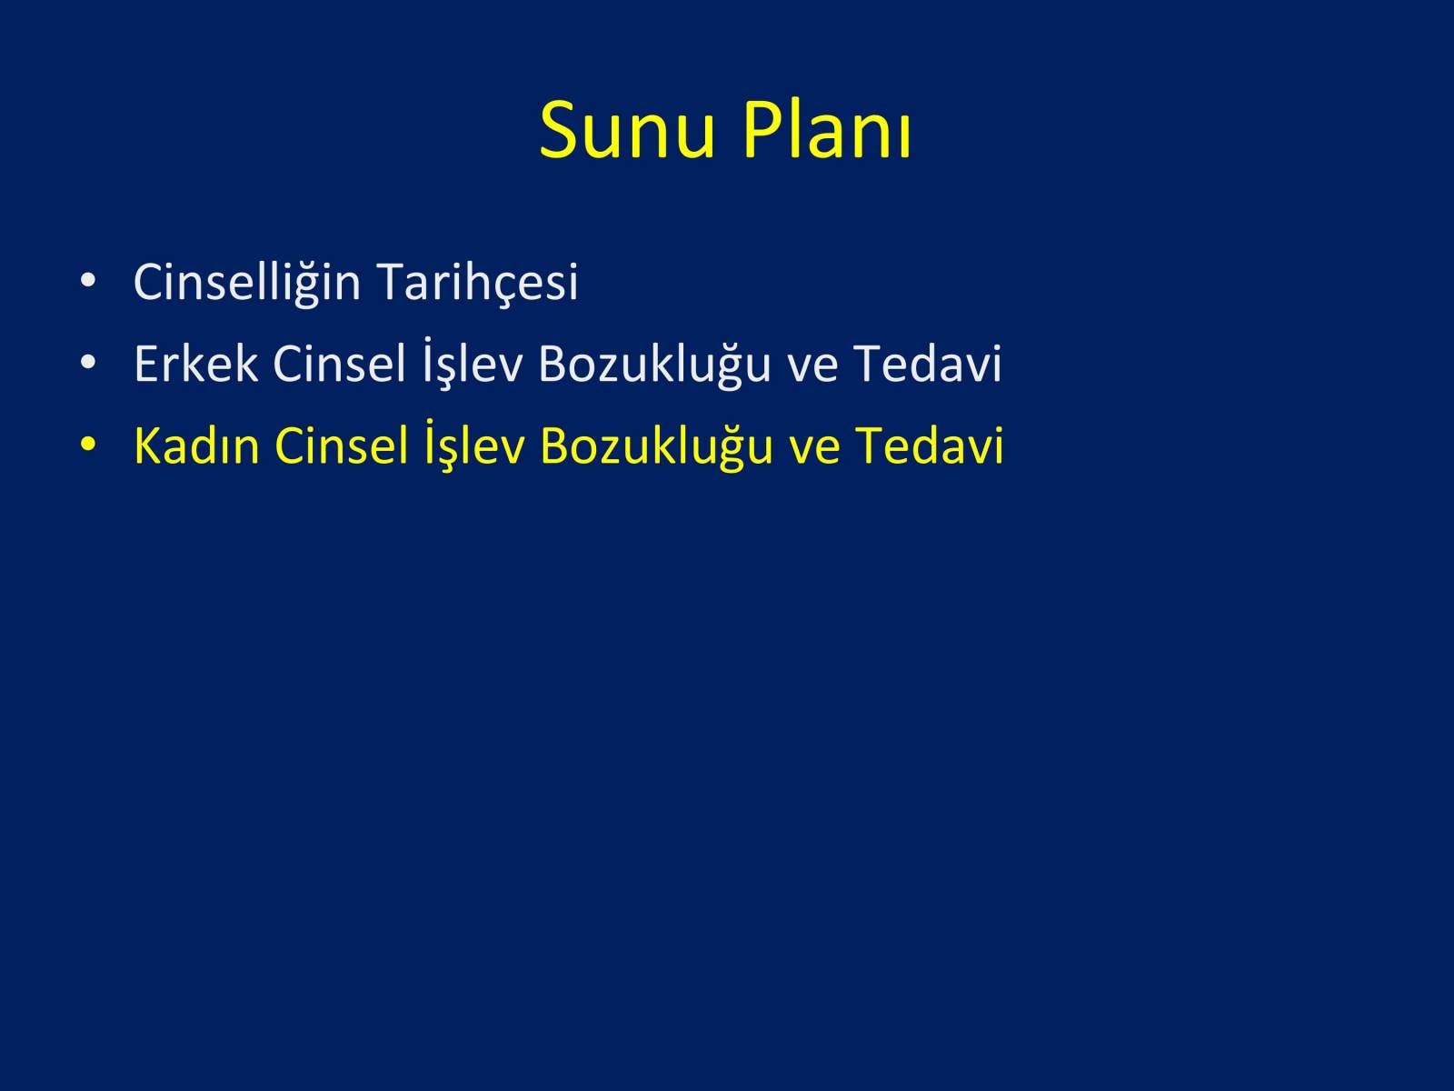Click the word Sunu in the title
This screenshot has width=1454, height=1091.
point(627,130)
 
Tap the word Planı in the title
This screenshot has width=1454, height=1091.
point(827,130)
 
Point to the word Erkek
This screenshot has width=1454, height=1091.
point(196,364)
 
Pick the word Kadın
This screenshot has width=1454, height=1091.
point(196,445)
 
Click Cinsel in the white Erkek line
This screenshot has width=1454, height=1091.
point(339,364)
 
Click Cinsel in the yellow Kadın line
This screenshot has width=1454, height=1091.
point(341,445)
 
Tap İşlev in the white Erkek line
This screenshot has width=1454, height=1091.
point(473,363)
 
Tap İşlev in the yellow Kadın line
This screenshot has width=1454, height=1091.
point(475,445)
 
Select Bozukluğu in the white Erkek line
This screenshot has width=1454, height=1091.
point(654,365)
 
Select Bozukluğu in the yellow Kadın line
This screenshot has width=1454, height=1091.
point(656,446)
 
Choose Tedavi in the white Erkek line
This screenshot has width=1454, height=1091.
point(928,364)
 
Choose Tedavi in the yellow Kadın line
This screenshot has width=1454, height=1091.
point(930,445)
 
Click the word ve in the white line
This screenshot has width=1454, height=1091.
point(812,369)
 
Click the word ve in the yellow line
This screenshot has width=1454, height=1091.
point(814,450)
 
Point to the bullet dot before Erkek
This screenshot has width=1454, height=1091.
point(87,363)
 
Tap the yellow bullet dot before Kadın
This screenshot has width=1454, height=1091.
point(87,444)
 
